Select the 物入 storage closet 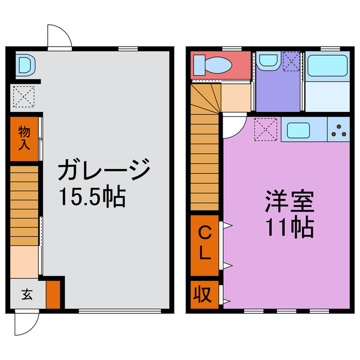click(x=24, y=138)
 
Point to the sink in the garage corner click(x=25, y=65)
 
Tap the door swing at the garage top click(x=59, y=36)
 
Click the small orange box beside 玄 click(x=53, y=294)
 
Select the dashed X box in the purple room click(x=291, y=60)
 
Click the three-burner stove click(x=339, y=130)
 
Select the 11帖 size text click(x=289, y=227)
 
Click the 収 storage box click(x=203, y=294)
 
